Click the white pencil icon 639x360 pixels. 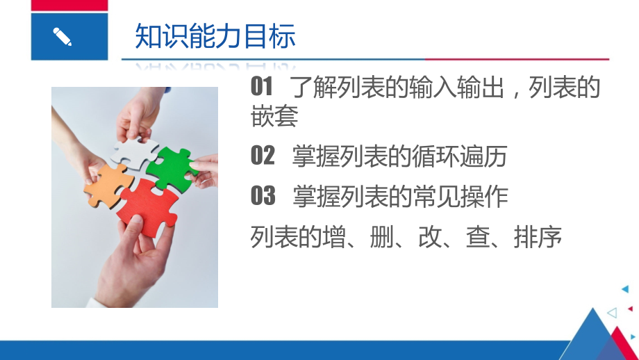point(62,36)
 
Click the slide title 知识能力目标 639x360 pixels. point(215,37)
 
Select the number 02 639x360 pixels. point(263,156)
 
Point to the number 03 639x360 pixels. point(263,197)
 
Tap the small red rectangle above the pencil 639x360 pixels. point(69,6)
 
